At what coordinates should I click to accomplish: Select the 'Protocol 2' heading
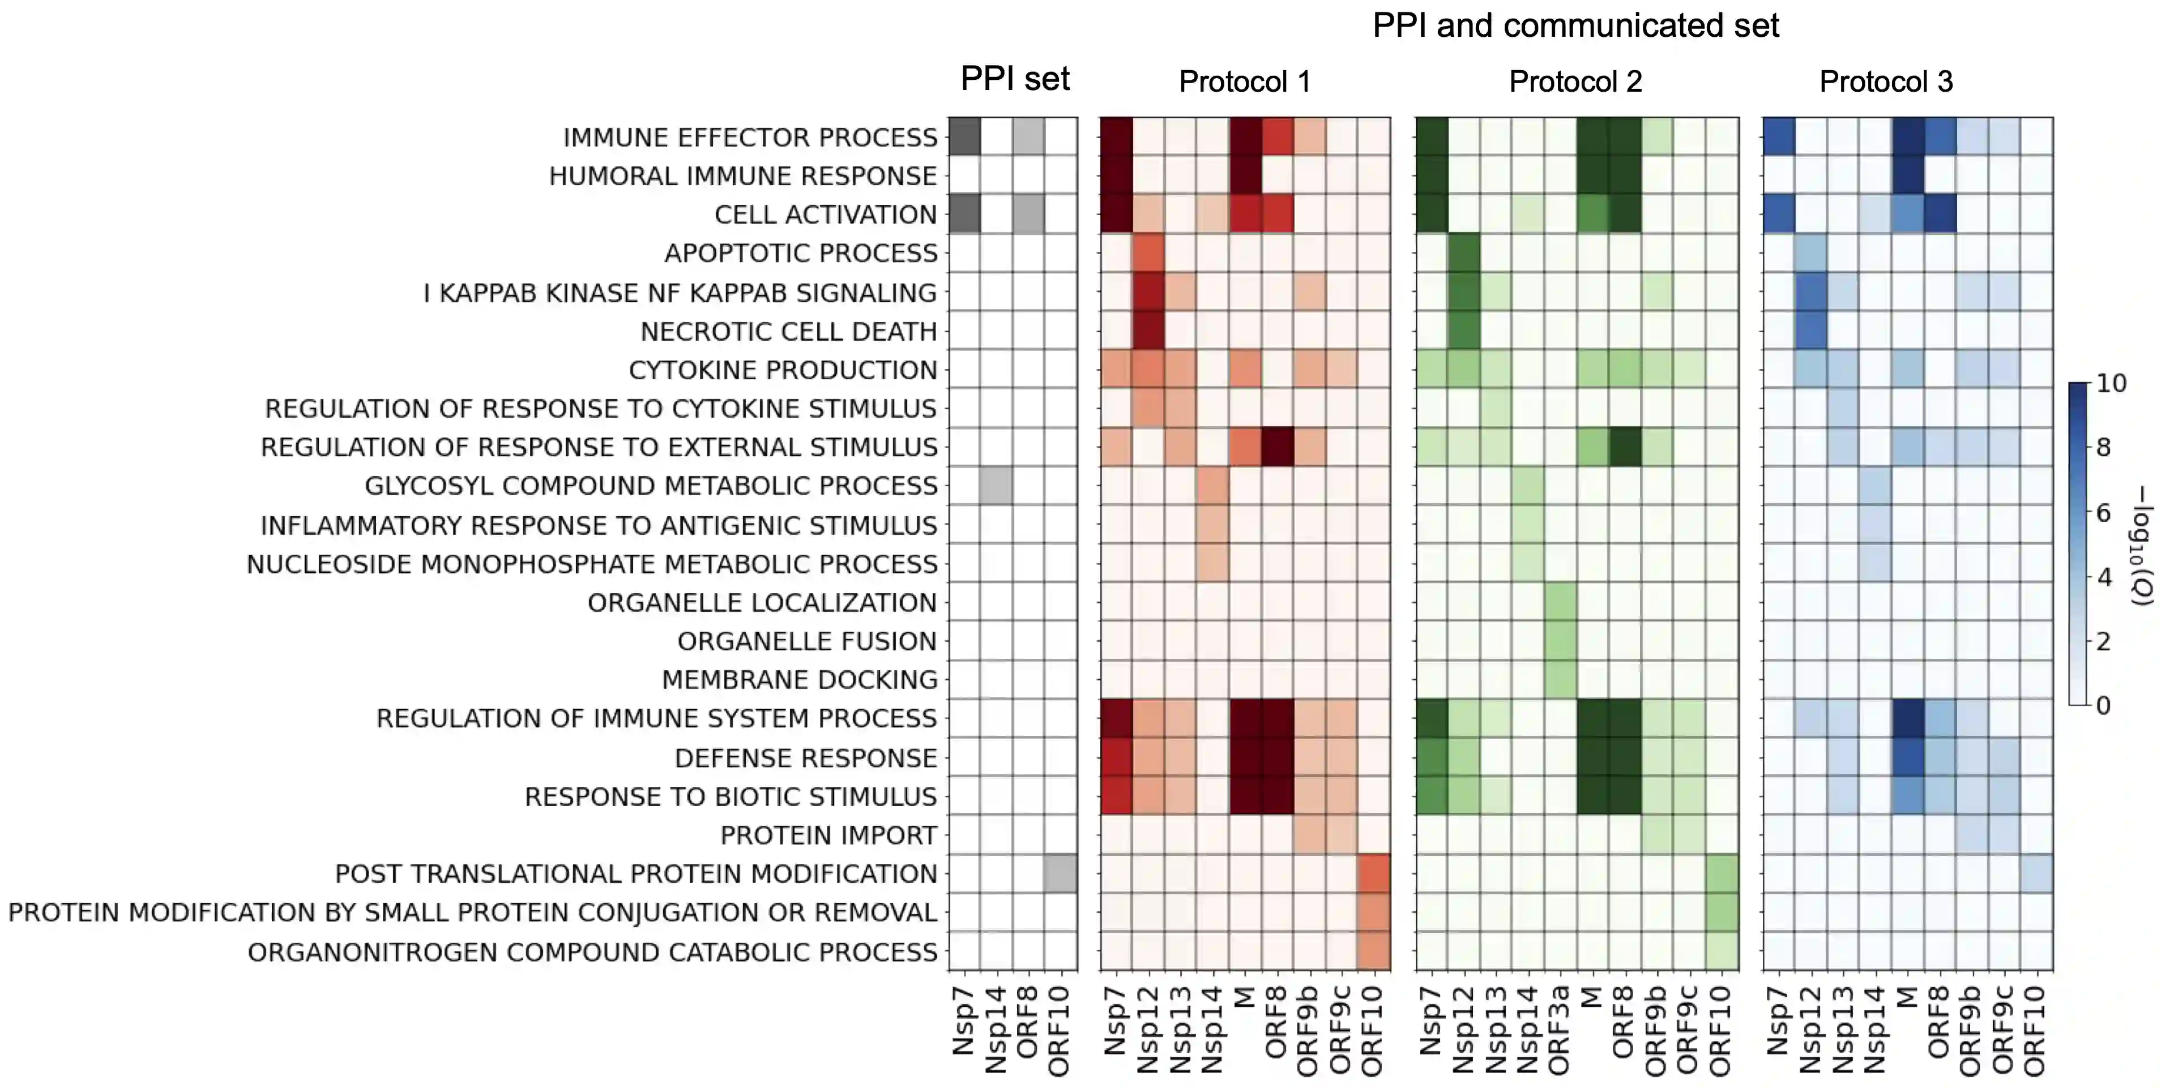[1575, 82]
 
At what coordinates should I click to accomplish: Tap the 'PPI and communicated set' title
[1575, 26]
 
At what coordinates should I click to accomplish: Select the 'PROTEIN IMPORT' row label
[828, 836]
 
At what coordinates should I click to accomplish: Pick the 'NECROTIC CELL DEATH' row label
[788, 332]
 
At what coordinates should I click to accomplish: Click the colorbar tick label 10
[2112, 384]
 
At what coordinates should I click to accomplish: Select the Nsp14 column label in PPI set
[996, 1030]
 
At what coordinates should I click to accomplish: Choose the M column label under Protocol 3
[1907, 998]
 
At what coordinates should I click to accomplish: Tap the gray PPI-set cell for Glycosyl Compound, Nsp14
[996, 486]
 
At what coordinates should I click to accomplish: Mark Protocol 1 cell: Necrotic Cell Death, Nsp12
[1148, 331]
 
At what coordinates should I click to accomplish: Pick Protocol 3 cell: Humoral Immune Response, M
[1907, 176]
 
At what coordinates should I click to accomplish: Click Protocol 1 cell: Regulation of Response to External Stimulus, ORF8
[1277, 447]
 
